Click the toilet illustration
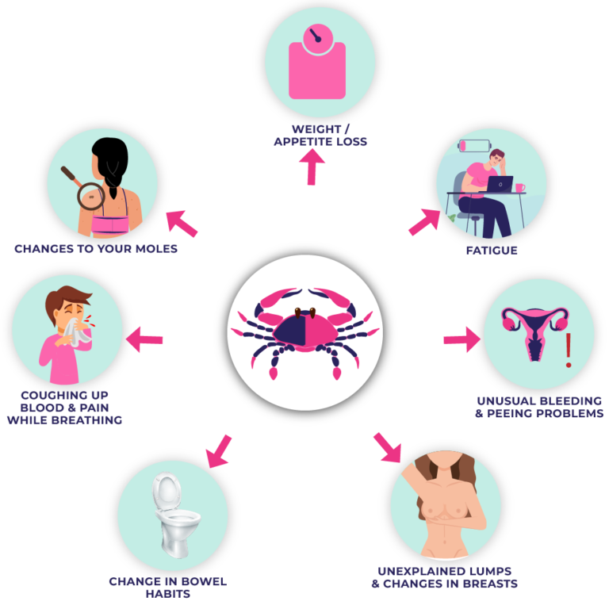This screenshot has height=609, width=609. tap(174, 513)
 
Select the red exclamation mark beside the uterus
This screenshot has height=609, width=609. tap(568, 350)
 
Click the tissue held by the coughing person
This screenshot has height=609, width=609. tap(81, 332)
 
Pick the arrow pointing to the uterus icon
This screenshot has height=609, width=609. tap(462, 340)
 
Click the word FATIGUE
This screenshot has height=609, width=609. tap(491, 251)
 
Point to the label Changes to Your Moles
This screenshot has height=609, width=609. tap(95, 249)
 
